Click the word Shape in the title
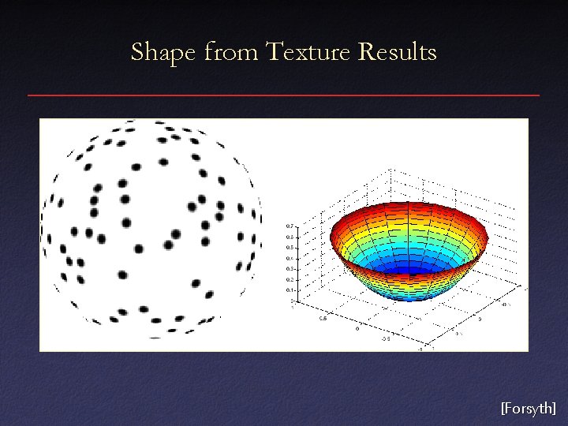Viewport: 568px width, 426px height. [x=163, y=53]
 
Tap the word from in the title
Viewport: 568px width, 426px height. [x=231, y=53]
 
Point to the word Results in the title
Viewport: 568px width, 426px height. [x=397, y=53]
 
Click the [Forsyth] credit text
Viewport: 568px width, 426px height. [x=528, y=408]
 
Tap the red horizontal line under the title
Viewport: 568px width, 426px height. [x=284, y=95]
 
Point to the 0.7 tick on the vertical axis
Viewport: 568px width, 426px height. [x=289, y=226]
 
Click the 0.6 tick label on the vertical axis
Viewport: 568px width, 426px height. [x=289, y=237]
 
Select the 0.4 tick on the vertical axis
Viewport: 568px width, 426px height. [x=289, y=258]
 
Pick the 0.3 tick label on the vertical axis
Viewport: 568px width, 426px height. [x=289, y=269]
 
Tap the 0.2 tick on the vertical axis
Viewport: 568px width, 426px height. [x=289, y=279]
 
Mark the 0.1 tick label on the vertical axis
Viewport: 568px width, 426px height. [x=289, y=290]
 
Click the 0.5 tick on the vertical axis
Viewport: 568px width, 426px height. [x=289, y=247]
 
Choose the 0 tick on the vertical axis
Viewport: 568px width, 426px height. [x=291, y=301]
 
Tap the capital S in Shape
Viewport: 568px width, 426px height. [x=137, y=53]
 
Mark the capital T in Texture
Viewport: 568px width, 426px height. [x=274, y=53]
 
